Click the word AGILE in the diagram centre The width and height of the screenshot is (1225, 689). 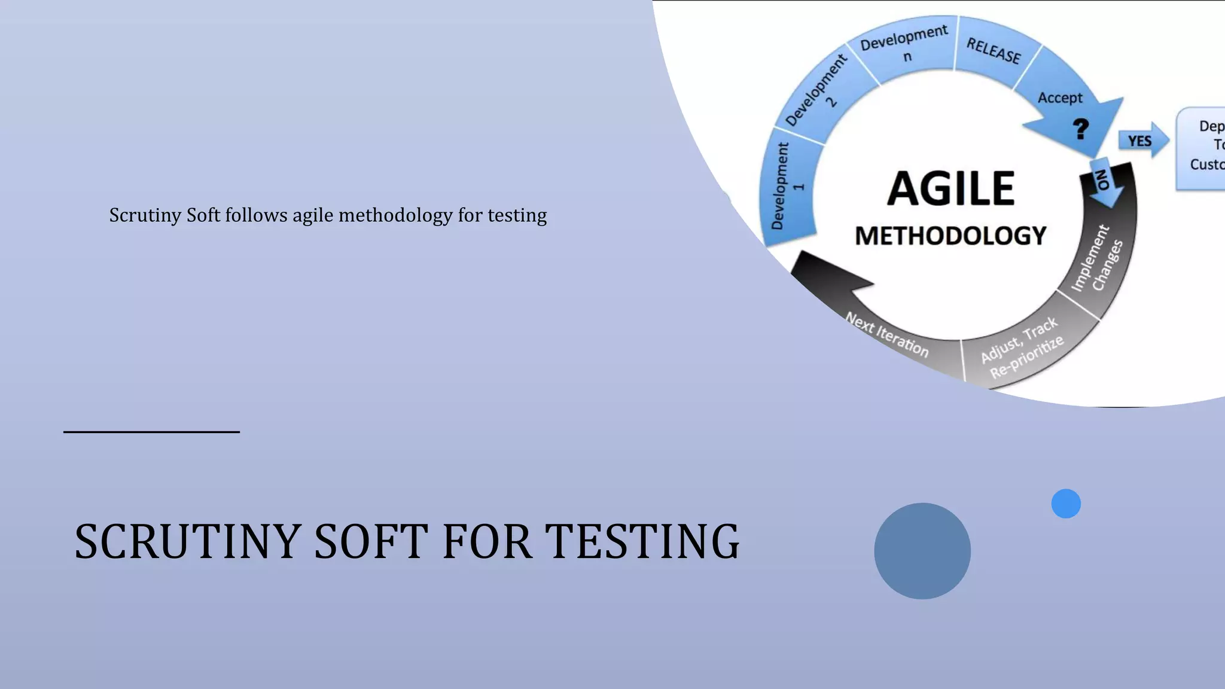point(950,188)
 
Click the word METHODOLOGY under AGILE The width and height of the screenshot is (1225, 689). point(950,236)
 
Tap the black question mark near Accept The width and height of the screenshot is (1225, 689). point(1080,129)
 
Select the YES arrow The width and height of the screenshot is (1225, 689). point(1141,141)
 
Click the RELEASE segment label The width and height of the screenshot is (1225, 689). point(994,50)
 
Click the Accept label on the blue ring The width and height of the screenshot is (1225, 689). point(1060,97)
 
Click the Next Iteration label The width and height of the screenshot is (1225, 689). point(887,335)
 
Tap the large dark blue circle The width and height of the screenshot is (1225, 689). point(922,551)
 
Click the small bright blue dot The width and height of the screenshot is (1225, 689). point(1066,504)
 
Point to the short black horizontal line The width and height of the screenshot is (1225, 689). point(151,431)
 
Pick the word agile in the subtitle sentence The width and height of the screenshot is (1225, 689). point(313,215)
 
